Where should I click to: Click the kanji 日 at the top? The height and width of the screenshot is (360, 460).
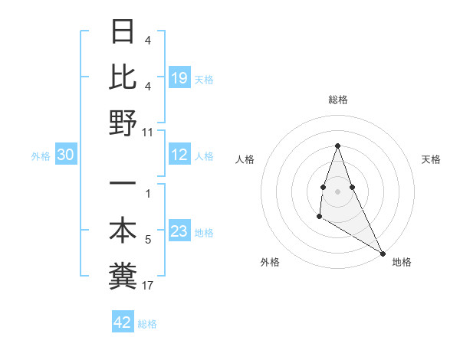pyautogui.click(x=124, y=31)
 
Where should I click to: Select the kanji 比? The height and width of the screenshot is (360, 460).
pyautogui.click(x=124, y=77)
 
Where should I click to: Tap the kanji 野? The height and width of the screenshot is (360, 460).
pyautogui.click(x=124, y=123)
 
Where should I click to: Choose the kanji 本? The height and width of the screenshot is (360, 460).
pyautogui.click(x=124, y=231)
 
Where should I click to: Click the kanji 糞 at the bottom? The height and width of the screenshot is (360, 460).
pyautogui.click(x=124, y=276)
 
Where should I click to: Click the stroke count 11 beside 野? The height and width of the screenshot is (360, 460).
pyautogui.click(x=148, y=133)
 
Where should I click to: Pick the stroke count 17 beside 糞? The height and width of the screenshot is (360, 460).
pyautogui.click(x=148, y=286)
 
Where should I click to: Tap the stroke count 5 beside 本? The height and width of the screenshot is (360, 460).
pyautogui.click(x=148, y=241)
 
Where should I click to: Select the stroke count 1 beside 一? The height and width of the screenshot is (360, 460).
pyautogui.click(x=148, y=195)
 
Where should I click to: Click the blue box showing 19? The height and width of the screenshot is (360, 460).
pyautogui.click(x=179, y=77)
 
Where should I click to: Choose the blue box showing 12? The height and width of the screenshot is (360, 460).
pyautogui.click(x=179, y=155)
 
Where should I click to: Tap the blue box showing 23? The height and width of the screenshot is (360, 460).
pyautogui.click(x=179, y=232)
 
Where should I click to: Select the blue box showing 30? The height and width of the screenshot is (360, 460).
pyautogui.click(x=66, y=155)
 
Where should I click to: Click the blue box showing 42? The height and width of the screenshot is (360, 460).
pyautogui.click(x=123, y=322)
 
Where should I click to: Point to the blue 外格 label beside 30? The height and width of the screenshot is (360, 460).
pyautogui.click(x=41, y=156)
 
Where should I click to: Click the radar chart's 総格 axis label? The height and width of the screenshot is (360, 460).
pyautogui.click(x=337, y=100)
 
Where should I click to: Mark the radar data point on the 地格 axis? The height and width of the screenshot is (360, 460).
pyautogui.click(x=383, y=254)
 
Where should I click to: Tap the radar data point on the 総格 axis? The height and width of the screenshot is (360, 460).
pyautogui.click(x=337, y=146)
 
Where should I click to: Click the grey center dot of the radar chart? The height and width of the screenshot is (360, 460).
pyautogui.click(x=337, y=191)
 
